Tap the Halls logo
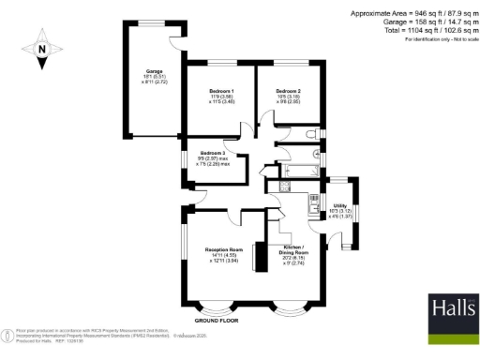(452, 314)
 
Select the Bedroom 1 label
(221, 90)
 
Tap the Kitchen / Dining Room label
(294, 250)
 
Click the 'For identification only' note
(436, 39)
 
